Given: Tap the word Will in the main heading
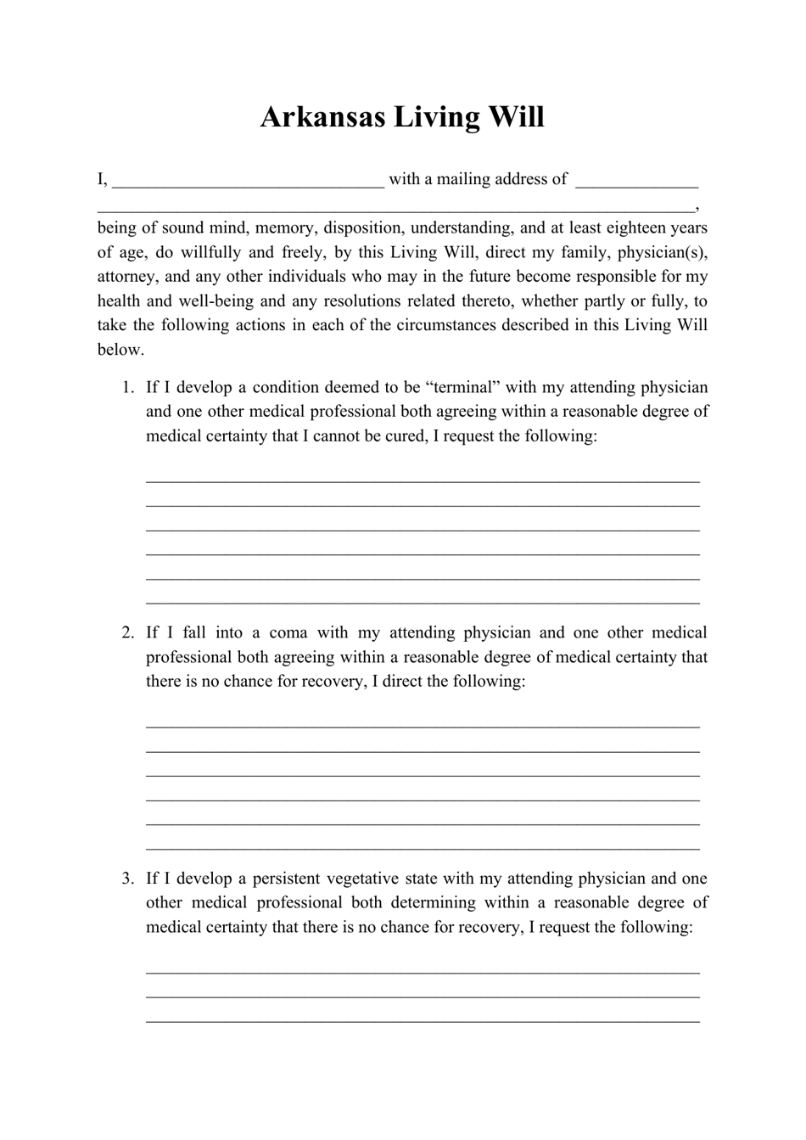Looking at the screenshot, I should [x=514, y=117].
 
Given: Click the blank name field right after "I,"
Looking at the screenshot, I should [x=248, y=181].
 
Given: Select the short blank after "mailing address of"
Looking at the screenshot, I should [x=636, y=181].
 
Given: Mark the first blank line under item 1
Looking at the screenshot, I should [x=423, y=480].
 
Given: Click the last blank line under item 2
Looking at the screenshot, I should [x=423, y=847].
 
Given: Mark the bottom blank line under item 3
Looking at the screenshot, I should [x=423, y=1020].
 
